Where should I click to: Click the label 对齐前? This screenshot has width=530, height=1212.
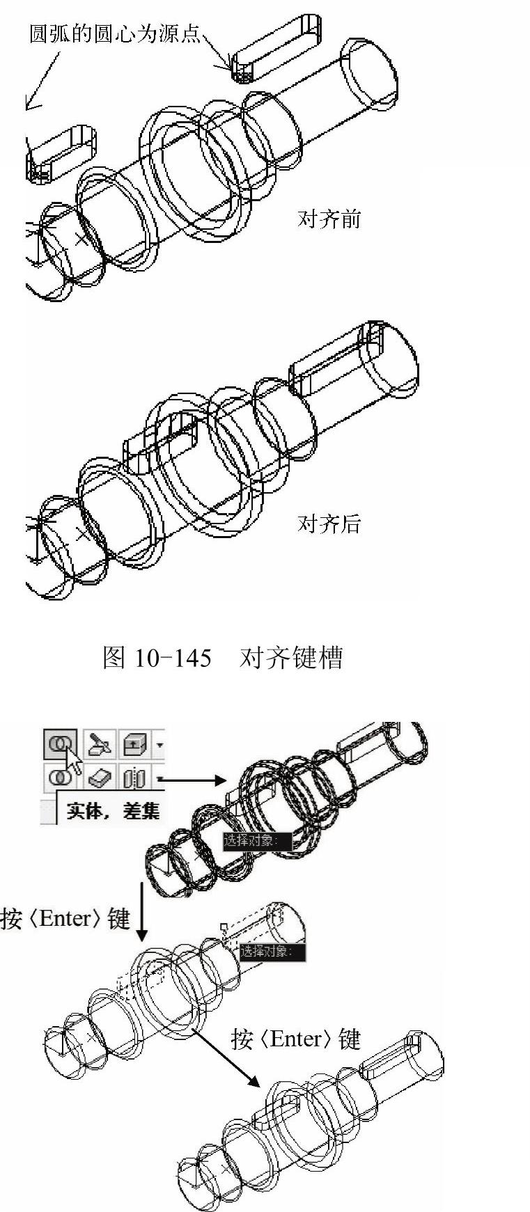tap(329, 219)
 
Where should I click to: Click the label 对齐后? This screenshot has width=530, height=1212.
tap(329, 524)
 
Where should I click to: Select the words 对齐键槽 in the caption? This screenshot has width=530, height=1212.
tap(291, 657)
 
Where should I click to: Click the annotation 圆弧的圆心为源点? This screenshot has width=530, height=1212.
tap(114, 33)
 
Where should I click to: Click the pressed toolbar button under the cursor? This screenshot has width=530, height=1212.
tap(61, 745)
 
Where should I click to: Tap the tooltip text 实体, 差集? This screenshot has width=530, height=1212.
tap(113, 810)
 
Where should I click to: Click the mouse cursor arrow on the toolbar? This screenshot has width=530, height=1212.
tap(73, 762)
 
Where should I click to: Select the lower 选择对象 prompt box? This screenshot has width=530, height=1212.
tap(273, 952)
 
